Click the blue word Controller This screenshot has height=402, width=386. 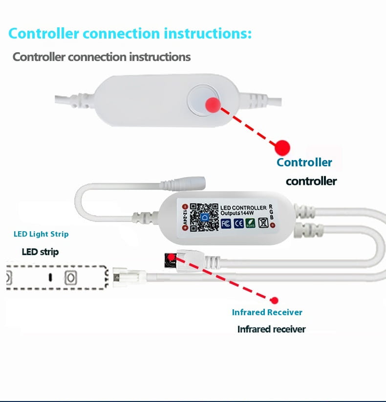click(304, 162)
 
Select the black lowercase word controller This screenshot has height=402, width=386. click(311, 181)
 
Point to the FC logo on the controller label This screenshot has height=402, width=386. click(226, 223)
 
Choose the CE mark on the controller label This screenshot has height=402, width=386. click(238, 223)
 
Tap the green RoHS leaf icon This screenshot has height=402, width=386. click(250, 223)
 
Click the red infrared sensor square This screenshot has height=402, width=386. click(171, 258)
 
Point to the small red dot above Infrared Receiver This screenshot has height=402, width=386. click(275, 301)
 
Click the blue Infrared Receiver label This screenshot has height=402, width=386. click(267, 312)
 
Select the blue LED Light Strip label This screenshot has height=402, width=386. click(41, 234)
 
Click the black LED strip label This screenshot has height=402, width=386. click(40, 252)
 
